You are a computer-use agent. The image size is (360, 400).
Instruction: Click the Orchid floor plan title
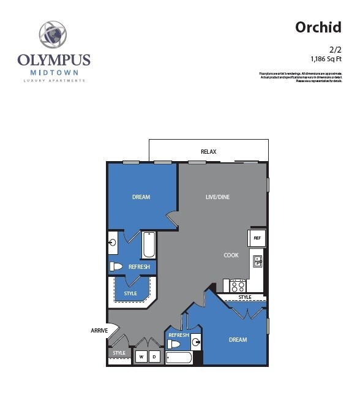[318, 28]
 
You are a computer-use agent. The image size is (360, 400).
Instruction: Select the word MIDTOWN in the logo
[54, 72]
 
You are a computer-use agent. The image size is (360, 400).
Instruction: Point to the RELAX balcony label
[208, 151]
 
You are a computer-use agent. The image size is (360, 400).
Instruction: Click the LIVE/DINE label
[217, 197]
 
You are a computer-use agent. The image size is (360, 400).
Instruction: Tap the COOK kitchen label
[231, 255]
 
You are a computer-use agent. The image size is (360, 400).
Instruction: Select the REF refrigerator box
[257, 238]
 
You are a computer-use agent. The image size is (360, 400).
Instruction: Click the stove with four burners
[238, 285]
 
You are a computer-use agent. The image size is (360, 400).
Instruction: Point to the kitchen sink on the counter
[258, 262]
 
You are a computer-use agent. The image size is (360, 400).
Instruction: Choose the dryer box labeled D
[155, 357]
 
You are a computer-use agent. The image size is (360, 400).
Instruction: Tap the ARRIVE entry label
[99, 331]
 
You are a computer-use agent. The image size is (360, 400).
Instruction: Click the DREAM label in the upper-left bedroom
[141, 197]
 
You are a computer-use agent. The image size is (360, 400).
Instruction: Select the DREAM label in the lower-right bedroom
[238, 340]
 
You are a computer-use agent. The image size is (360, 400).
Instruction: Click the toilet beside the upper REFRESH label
[116, 266]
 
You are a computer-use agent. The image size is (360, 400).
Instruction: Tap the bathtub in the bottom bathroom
[179, 358]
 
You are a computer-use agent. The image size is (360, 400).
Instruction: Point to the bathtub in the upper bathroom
[149, 244]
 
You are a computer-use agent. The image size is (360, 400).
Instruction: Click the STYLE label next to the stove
[244, 298]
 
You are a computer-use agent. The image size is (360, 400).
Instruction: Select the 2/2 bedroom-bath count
[334, 49]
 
